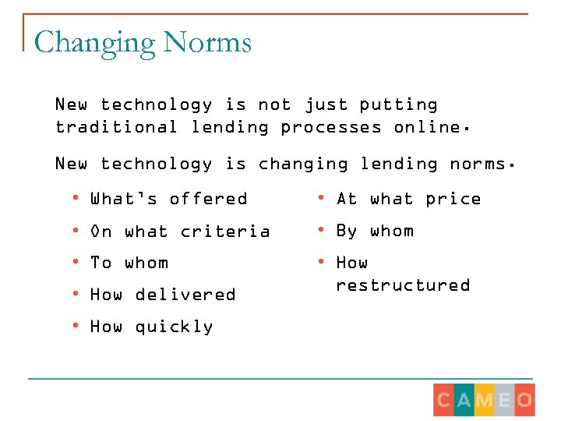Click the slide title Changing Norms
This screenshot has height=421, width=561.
pyautogui.click(x=143, y=41)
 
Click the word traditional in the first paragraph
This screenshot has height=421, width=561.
pyautogui.click(x=116, y=127)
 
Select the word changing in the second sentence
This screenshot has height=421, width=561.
pyautogui.click(x=303, y=164)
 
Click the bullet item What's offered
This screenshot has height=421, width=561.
pyautogui.click(x=168, y=199)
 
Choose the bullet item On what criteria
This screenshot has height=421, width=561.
pyautogui.click(x=180, y=231)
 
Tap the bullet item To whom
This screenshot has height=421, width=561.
pyautogui.click(x=129, y=263)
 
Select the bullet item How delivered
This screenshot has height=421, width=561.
pyautogui.click(x=163, y=295)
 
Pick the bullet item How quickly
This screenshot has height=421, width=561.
pyautogui.click(x=152, y=327)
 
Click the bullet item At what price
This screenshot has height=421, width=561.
pyautogui.click(x=408, y=199)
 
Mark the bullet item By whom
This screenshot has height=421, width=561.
pyautogui.click(x=375, y=231)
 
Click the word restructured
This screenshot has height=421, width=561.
pyautogui.click(x=403, y=285)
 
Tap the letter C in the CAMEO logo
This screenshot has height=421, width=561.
pyautogui.click(x=444, y=401)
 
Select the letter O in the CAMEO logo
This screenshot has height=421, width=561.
pyautogui.click(x=524, y=401)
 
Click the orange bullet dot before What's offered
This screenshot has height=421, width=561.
pyautogui.click(x=75, y=199)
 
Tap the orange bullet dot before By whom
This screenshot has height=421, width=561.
pyautogui.click(x=320, y=231)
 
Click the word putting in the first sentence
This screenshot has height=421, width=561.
pyautogui.click(x=398, y=104)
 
